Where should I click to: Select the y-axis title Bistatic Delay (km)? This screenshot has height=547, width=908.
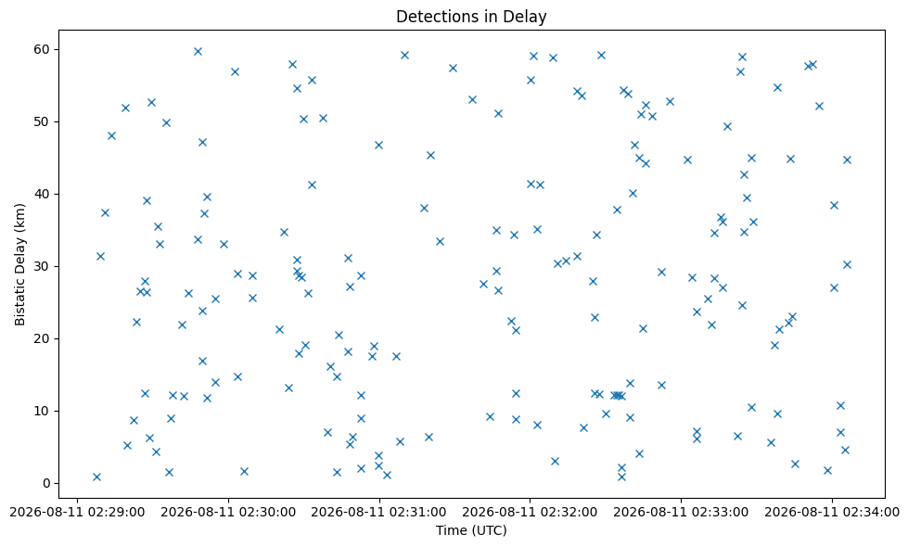pos(20,264)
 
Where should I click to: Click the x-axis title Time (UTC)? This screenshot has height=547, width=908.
pos(471,530)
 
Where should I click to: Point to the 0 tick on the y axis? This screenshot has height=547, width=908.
pos(47,483)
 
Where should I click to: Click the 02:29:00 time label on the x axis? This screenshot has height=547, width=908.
pos(77,513)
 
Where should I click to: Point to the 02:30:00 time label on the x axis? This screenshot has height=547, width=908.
pos(228,513)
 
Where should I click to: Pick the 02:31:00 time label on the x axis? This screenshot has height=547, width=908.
pos(379,513)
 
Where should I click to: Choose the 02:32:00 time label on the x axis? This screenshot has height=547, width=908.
pos(530,513)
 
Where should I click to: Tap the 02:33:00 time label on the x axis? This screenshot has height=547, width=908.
pos(681,513)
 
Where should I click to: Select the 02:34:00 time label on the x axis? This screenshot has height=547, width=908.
pos(832,513)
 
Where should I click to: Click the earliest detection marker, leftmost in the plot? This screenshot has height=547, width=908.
pos(96,477)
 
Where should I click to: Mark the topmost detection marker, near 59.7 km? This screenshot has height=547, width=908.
pos(198,52)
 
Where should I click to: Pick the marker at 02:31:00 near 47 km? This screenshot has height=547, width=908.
pos(378,145)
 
